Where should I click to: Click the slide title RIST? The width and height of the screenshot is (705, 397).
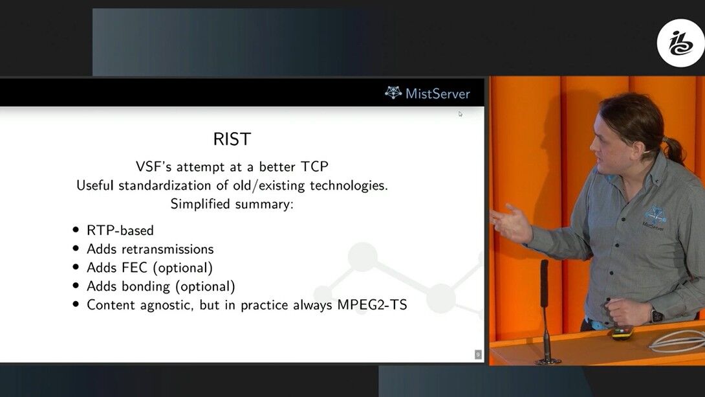(232, 139)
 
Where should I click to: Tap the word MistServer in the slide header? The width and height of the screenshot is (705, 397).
(437, 94)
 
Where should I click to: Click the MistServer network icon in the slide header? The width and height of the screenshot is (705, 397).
(393, 92)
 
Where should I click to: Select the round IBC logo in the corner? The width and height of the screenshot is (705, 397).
(680, 43)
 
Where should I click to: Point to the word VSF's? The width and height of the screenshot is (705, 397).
(154, 166)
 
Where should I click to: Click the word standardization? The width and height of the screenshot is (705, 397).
(171, 185)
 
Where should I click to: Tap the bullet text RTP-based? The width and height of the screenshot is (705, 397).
(120, 231)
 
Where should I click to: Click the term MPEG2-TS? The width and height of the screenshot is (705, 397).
(373, 305)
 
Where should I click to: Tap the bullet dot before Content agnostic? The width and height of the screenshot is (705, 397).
(76, 304)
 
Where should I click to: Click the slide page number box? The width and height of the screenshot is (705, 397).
(478, 355)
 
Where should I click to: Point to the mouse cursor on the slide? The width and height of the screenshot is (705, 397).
(460, 115)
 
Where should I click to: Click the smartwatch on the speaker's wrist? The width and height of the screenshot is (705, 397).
(657, 315)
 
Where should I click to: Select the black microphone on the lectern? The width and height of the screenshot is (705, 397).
(545, 311)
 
